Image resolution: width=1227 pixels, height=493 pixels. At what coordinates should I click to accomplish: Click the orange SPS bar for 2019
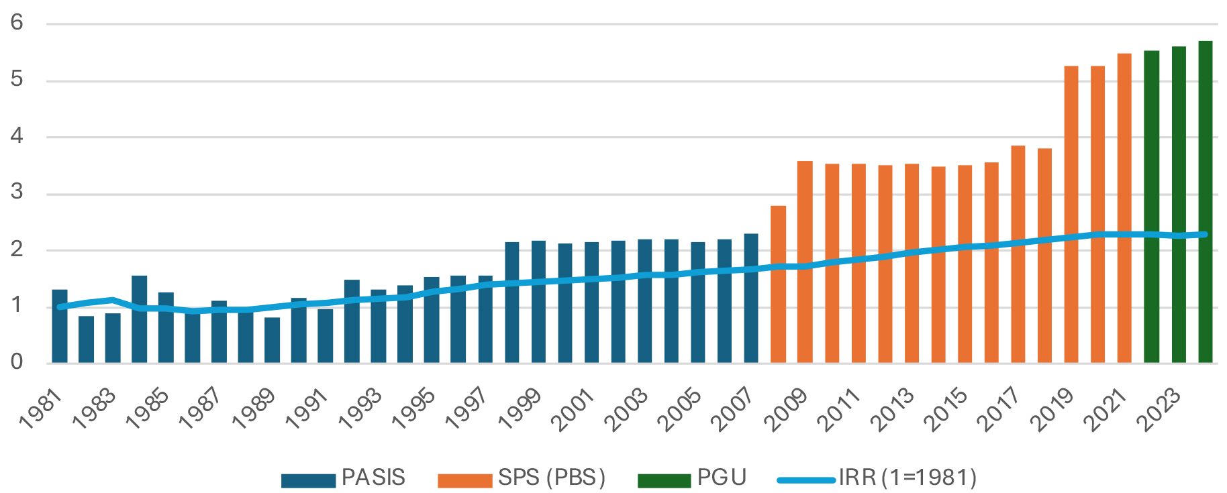[1071, 215]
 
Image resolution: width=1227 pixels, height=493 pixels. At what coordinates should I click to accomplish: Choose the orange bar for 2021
[1124, 208]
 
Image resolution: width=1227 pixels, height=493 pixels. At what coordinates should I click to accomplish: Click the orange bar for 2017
[1018, 255]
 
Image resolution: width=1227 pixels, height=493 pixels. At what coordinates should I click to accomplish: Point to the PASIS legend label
[373, 478]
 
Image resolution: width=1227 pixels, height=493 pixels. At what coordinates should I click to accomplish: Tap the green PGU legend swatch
[664, 480]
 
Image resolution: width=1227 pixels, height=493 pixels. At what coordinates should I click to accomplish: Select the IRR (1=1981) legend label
[907, 478]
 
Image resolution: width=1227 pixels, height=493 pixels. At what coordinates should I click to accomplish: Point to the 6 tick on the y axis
[17, 23]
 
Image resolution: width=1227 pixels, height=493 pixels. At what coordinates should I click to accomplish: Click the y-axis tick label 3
[17, 193]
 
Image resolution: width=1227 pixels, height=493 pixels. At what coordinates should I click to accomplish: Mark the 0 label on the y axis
[17, 362]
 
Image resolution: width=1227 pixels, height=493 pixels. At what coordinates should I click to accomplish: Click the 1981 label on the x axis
[40, 409]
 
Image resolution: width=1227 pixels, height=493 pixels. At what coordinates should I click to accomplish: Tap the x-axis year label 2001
[573, 409]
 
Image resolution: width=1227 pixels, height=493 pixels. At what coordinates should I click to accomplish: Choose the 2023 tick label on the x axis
[1159, 409]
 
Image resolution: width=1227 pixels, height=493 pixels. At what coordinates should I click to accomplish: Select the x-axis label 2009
[785, 409]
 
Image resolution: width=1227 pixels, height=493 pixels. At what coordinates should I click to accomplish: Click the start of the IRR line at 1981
[60, 307]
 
